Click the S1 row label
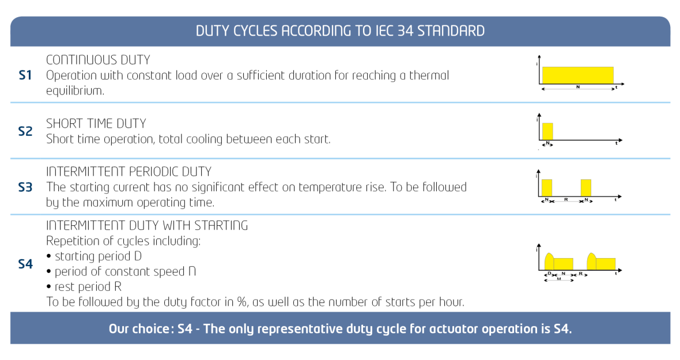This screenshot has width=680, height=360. click(x=25, y=75)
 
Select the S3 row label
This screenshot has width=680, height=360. click(x=25, y=187)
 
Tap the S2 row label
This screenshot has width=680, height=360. click(x=25, y=131)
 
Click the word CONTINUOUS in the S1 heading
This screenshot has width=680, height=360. click(x=76, y=60)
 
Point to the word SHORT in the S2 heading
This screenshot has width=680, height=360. click(x=59, y=123)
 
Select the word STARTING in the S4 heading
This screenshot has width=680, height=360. click(x=221, y=225)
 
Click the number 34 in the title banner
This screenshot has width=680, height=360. click(x=405, y=31)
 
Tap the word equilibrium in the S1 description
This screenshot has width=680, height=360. click(x=75, y=91)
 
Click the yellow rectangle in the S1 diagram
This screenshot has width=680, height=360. click(x=577, y=75)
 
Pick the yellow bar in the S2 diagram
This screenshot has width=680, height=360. click(x=547, y=131)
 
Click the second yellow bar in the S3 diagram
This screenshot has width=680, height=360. click(x=586, y=188)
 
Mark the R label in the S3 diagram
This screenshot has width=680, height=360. click(x=566, y=200)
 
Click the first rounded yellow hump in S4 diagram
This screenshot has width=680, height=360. click(x=549, y=262)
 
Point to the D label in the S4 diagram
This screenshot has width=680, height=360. click(x=549, y=274)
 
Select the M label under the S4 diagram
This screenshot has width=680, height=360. click(x=559, y=279)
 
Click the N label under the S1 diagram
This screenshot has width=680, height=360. click(x=578, y=87)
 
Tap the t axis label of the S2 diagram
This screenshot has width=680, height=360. click(x=616, y=143)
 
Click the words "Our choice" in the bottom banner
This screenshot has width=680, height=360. click(x=139, y=329)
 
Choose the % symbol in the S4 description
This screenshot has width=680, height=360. click(x=242, y=302)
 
